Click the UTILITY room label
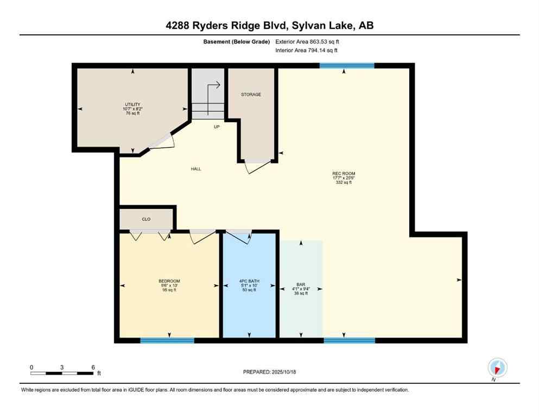[132, 104]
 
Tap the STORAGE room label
[251, 94]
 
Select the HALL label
[196, 169]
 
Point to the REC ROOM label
[344, 174]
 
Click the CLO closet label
[146, 219]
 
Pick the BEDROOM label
[169, 281]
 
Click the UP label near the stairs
[216, 127]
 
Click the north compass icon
[497, 367]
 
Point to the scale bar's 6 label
[93, 368]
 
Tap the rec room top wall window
[346, 66]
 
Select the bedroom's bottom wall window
[167, 340]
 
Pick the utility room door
[162, 141]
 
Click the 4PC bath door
[238, 236]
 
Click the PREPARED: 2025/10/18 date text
[269, 372]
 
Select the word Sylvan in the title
[302, 25]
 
